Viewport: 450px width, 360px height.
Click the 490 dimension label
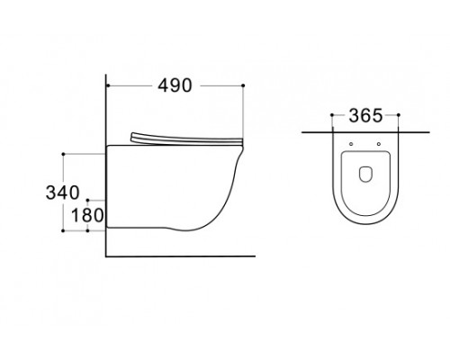coord(175,85)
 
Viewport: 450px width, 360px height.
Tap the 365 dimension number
coord(365,115)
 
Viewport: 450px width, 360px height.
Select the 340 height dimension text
coord(62,193)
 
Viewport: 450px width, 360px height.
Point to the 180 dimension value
coord(87,215)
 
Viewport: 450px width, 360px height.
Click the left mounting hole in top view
coord(351,144)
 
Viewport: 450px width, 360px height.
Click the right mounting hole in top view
coord(379,144)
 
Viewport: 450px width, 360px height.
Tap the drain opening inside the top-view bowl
coord(365,174)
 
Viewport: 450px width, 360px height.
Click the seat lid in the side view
coord(186,139)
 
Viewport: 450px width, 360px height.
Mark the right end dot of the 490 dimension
coord(243,85)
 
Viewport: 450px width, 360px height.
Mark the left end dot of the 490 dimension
coord(108,85)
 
